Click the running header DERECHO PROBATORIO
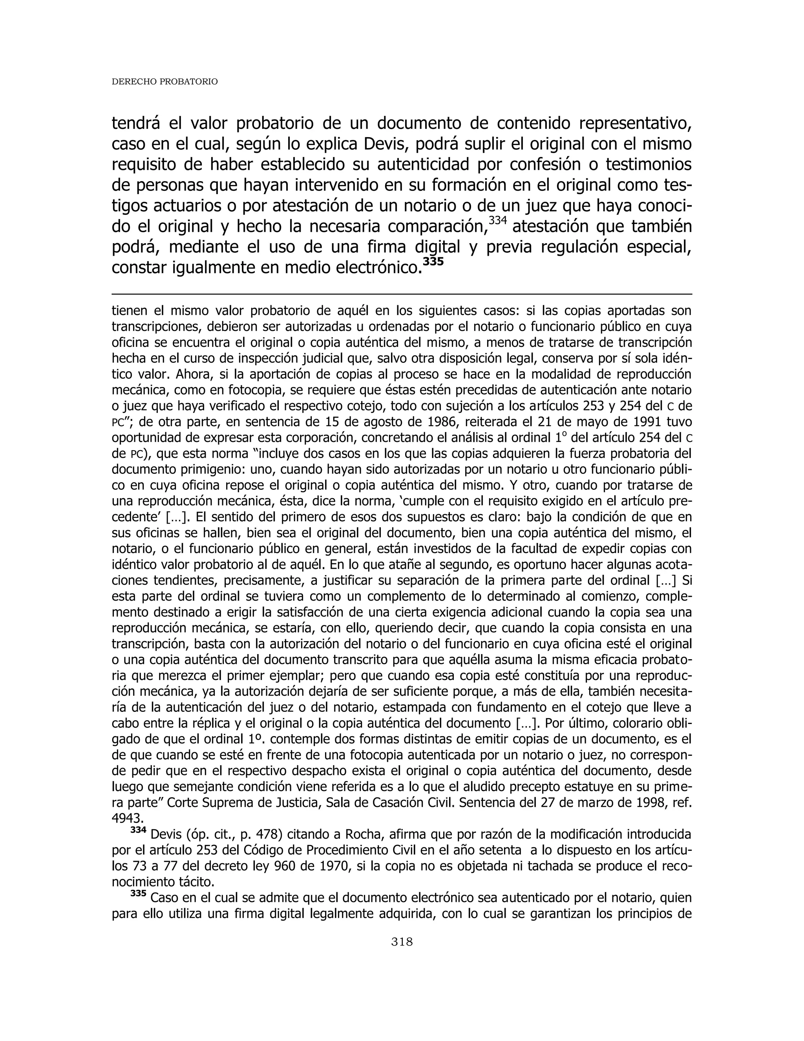tap(164, 82)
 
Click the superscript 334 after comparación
tap(498, 221)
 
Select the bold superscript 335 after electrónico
tap(433, 262)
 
